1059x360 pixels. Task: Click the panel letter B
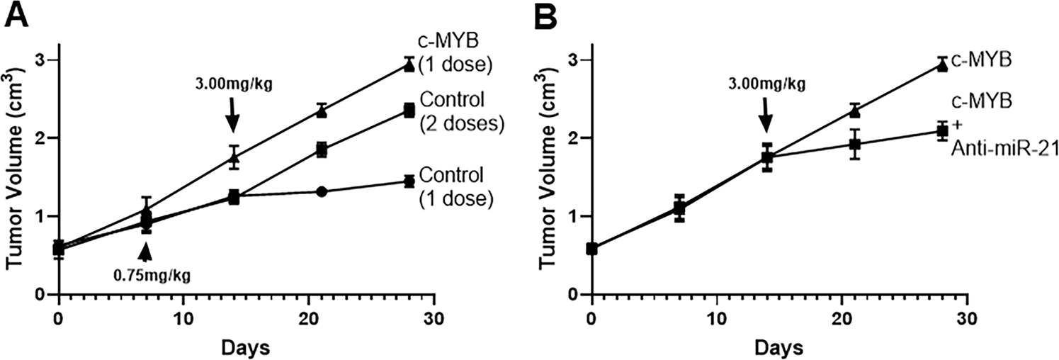[x=548, y=16]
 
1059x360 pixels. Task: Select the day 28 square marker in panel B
[x=941, y=130]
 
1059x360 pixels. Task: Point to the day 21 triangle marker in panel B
[x=854, y=111]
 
